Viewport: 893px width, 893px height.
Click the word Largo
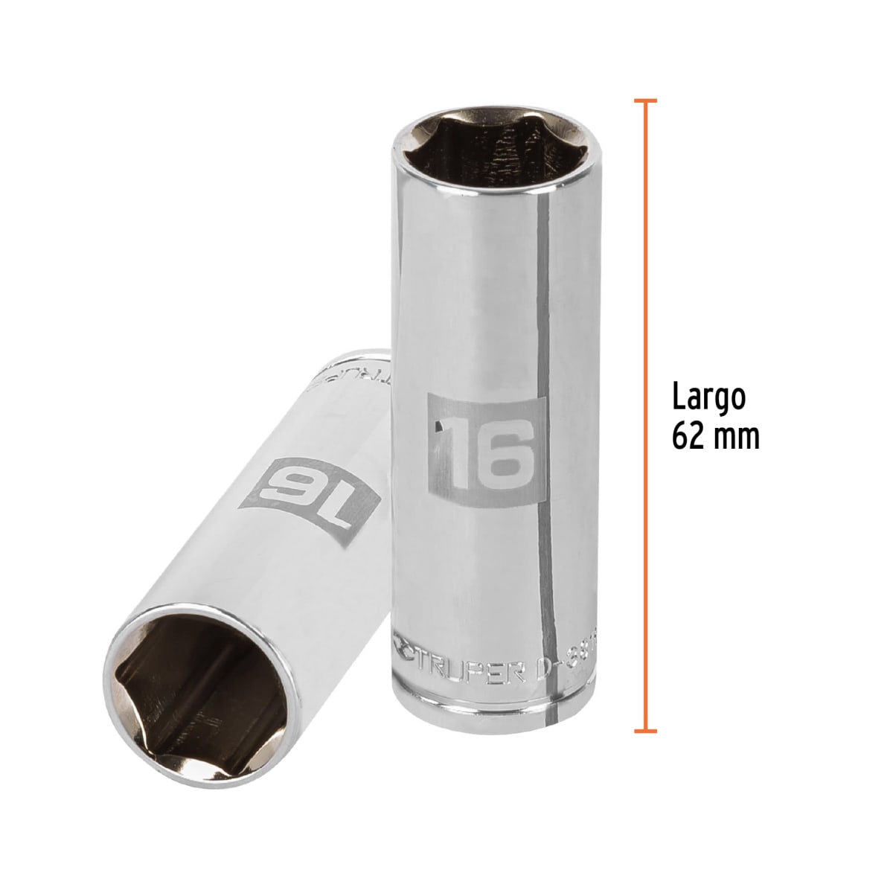coord(708,398)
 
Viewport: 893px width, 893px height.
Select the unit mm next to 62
coord(738,438)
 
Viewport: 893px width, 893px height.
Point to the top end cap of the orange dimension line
coord(644,100)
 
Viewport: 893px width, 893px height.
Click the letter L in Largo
coord(679,398)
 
